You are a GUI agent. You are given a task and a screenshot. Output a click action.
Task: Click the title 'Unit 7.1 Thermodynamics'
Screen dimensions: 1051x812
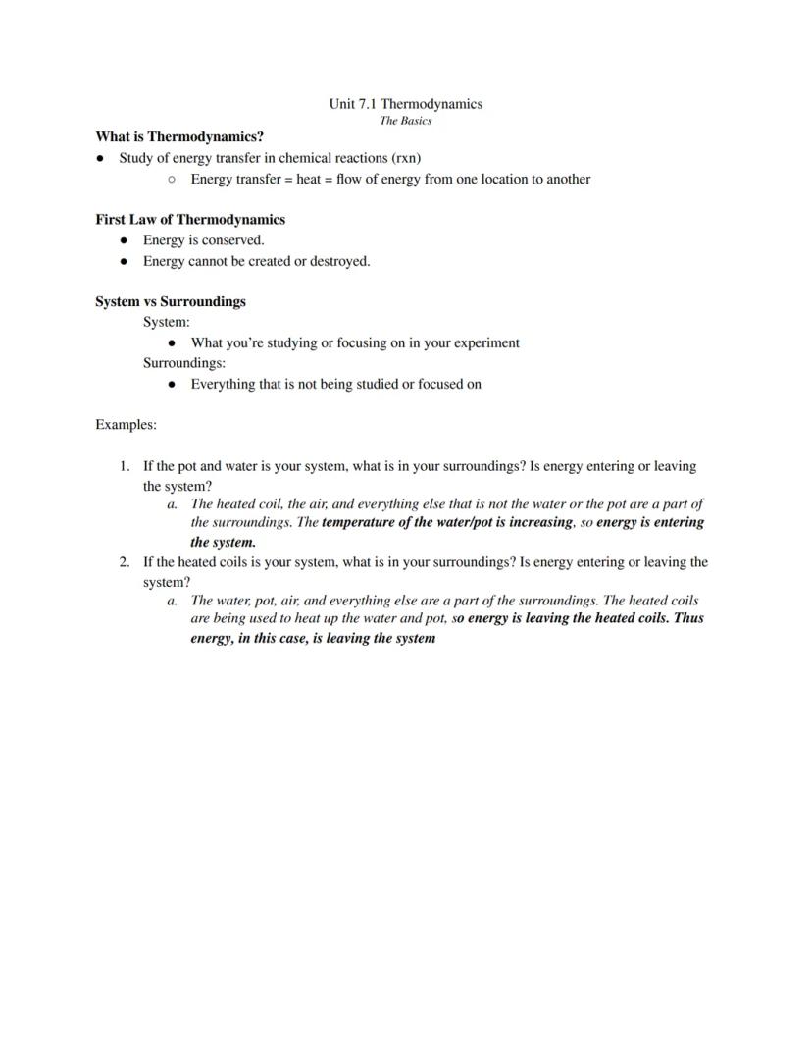[405, 104]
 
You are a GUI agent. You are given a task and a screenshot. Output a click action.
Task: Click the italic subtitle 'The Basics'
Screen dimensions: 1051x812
[405, 121]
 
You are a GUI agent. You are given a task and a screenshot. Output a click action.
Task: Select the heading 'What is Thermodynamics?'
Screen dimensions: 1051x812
[179, 137]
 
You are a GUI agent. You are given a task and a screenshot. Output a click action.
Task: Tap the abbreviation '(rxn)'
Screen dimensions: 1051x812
[406, 158]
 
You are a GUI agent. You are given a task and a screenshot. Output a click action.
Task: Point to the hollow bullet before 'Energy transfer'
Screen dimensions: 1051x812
[172, 180]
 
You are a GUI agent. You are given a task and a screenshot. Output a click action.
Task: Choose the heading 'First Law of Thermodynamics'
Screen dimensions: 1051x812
[190, 220]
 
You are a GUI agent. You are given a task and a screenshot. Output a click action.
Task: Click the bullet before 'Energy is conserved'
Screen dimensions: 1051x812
[123, 240]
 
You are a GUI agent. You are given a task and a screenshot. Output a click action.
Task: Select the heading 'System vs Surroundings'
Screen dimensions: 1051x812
[171, 302]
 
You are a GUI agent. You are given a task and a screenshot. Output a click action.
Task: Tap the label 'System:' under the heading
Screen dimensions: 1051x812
[167, 322]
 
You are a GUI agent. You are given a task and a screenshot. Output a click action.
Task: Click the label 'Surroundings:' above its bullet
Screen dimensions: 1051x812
[184, 363]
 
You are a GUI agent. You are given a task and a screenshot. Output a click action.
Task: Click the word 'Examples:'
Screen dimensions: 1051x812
[126, 425]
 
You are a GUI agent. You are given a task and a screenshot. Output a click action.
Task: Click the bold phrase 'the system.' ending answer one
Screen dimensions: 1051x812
[223, 542]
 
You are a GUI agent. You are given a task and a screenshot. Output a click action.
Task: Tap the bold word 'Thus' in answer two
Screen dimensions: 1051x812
[688, 619]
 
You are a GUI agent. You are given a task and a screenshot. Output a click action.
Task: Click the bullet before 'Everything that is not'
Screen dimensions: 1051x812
[172, 385]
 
